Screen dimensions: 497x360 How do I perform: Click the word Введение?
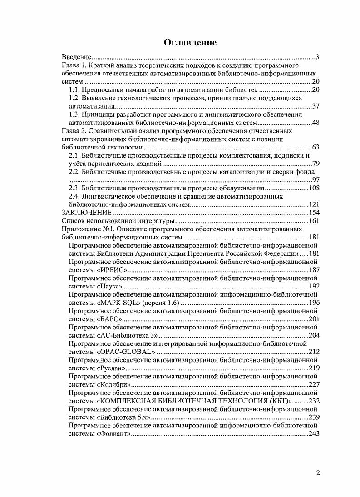[x=77, y=57]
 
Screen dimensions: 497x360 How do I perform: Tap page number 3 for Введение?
[x=318, y=57]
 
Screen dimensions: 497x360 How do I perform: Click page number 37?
[x=316, y=106]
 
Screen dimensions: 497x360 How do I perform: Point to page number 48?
[x=316, y=123]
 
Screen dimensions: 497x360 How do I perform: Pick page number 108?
[x=314, y=188]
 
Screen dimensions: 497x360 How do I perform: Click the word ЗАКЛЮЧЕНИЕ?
[x=86, y=213]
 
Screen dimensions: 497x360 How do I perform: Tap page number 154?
[x=314, y=213]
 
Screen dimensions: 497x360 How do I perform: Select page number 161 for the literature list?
[x=314, y=221]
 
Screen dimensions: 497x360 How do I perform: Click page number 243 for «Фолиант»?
[x=314, y=433]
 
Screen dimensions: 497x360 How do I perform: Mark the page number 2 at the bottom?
[x=318, y=473]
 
